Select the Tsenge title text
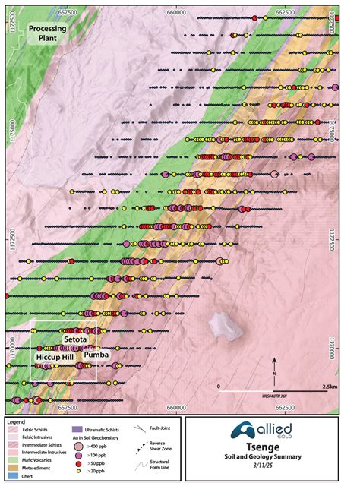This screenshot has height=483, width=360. tap(255, 448)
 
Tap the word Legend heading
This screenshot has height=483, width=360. tap(16, 420)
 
